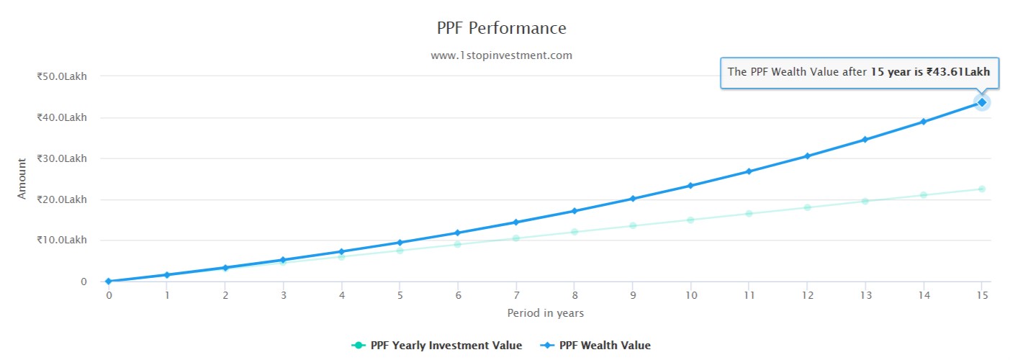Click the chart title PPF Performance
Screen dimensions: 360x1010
pyautogui.click(x=501, y=28)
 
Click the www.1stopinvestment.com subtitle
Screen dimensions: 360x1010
pyautogui.click(x=501, y=55)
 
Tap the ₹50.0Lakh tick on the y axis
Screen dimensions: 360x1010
pyautogui.click(x=61, y=76)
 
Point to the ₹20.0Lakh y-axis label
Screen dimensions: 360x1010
pyautogui.click(x=61, y=199)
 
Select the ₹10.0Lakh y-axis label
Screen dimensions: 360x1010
pyautogui.click(x=61, y=240)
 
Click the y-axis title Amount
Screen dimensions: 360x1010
pyautogui.click(x=22, y=179)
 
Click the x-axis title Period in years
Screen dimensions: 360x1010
pyautogui.click(x=545, y=313)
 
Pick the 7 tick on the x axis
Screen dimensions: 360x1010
pyautogui.click(x=515, y=295)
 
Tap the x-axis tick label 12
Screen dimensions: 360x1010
pyautogui.click(x=807, y=295)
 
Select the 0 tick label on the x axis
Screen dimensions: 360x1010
pyautogui.click(x=109, y=295)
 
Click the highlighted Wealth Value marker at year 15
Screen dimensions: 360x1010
pyautogui.click(x=981, y=102)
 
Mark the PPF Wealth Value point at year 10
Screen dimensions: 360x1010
pyautogui.click(x=690, y=186)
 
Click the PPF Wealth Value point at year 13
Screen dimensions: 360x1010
pyautogui.click(x=865, y=140)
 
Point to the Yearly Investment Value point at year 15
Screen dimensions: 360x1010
pyautogui.click(x=981, y=189)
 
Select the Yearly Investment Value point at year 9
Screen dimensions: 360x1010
pyautogui.click(x=632, y=225)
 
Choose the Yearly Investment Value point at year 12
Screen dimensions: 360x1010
pyautogui.click(x=807, y=207)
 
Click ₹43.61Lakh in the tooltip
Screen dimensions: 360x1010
pyautogui.click(x=958, y=72)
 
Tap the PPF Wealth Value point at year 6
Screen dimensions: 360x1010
pyautogui.click(x=457, y=233)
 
